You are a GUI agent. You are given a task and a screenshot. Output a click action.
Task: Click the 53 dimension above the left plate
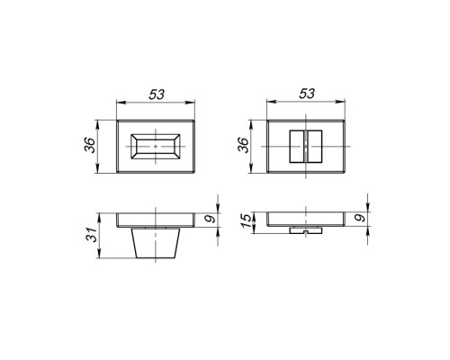[x=157, y=94]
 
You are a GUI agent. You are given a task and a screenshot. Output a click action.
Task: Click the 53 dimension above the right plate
[x=307, y=94]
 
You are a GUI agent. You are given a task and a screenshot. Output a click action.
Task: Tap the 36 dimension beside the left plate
[x=89, y=145]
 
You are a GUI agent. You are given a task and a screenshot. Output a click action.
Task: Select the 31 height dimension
[x=92, y=235]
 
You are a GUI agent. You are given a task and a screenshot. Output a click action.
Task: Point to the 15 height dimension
[x=246, y=220]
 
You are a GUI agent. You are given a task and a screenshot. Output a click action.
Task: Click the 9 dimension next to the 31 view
[x=211, y=220]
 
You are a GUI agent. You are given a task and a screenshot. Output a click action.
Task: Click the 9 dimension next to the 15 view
[x=362, y=217]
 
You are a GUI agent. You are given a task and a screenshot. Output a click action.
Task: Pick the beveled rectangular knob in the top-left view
[x=156, y=147]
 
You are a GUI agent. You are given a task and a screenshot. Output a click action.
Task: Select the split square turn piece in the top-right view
[x=306, y=147]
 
